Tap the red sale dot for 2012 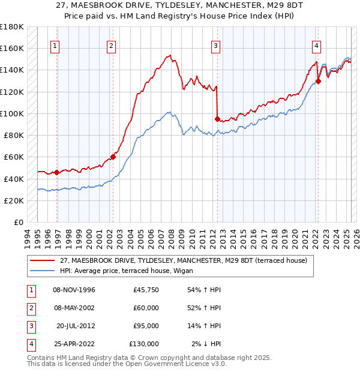[x=217, y=119]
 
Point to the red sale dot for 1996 [x=57, y=173]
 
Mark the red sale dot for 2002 [x=113, y=157]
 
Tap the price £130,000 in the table [x=143, y=344]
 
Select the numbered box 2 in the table [x=29, y=308]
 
